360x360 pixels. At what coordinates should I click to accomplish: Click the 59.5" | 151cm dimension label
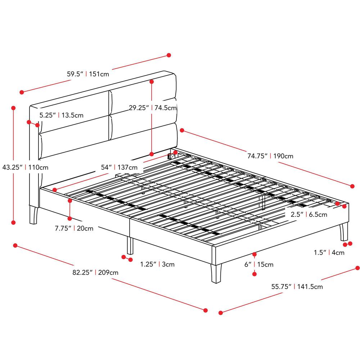[88, 75]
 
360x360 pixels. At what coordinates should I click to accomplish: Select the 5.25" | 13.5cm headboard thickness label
[62, 116]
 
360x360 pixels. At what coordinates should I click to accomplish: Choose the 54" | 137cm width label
[119, 167]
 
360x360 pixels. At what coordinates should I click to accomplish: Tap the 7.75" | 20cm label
[74, 229]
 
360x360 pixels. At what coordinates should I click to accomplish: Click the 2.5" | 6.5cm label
[309, 215]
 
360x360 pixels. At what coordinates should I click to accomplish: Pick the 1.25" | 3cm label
[157, 264]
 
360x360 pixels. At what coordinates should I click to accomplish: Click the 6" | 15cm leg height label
[259, 265]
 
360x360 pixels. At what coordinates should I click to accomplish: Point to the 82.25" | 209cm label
[95, 273]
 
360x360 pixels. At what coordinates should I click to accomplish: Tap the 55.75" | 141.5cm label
[297, 287]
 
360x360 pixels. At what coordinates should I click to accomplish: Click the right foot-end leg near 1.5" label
[344, 232]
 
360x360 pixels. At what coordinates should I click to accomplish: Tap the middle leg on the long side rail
[130, 246]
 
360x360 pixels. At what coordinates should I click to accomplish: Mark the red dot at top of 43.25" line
[14, 108]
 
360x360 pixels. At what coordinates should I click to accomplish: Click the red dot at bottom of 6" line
[255, 274]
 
